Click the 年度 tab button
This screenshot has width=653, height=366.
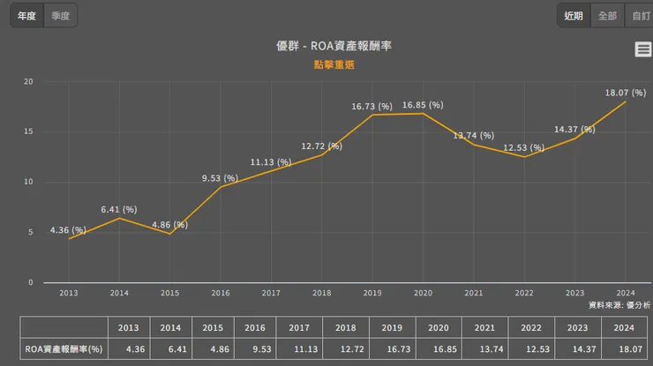click(x=26, y=15)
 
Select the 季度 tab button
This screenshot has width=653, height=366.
click(x=61, y=15)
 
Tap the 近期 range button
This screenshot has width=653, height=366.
click(x=574, y=15)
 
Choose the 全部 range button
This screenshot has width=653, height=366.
click(x=607, y=15)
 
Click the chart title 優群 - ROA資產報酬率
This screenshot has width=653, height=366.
click(x=326, y=46)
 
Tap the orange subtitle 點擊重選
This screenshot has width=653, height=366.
click(x=326, y=64)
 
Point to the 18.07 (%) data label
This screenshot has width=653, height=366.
click(x=623, y=92)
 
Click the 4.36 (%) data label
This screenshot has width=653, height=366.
click(x=68, y=230)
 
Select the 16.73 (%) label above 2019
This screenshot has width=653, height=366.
click(x=372, y=106)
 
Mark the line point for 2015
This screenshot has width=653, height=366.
click(x=169, y=234)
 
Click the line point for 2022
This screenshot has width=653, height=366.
click(x=524, y=157)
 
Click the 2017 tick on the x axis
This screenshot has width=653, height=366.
click(x=271, y=293)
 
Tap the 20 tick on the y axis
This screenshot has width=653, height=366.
click(x=28, y=82)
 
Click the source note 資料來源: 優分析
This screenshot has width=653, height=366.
click(x=619, y=304)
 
